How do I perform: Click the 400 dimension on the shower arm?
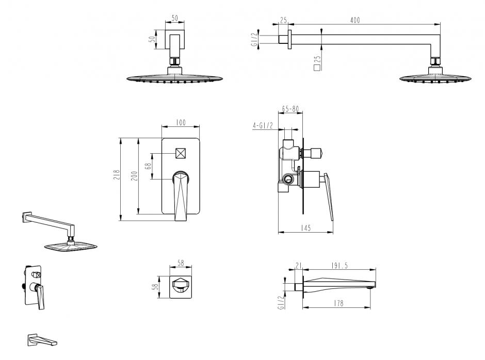(x=354, y=20)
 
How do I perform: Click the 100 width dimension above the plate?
(x=181, y=123)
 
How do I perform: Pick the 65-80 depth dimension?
(x=289, y=109)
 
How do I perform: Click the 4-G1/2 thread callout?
(x=264, y=125)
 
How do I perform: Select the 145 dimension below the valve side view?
(x=305, y=228)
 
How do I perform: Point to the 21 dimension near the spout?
(x=299, y=266)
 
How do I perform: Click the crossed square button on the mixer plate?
(x=181, y=154)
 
